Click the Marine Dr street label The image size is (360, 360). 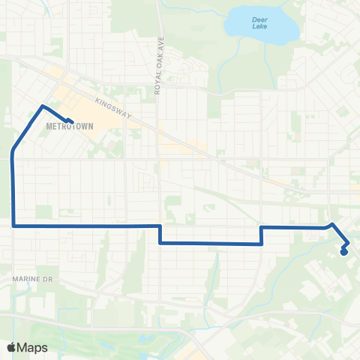point(30,279)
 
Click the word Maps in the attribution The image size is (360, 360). point(33,347)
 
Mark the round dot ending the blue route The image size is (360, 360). point(343,252)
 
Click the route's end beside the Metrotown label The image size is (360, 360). point(71,121)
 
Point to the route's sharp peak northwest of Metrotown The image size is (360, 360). point(42,106)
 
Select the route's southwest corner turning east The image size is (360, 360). point(13,224)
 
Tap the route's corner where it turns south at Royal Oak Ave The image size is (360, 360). point(160,226)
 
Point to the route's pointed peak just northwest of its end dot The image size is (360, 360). point(332,223)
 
